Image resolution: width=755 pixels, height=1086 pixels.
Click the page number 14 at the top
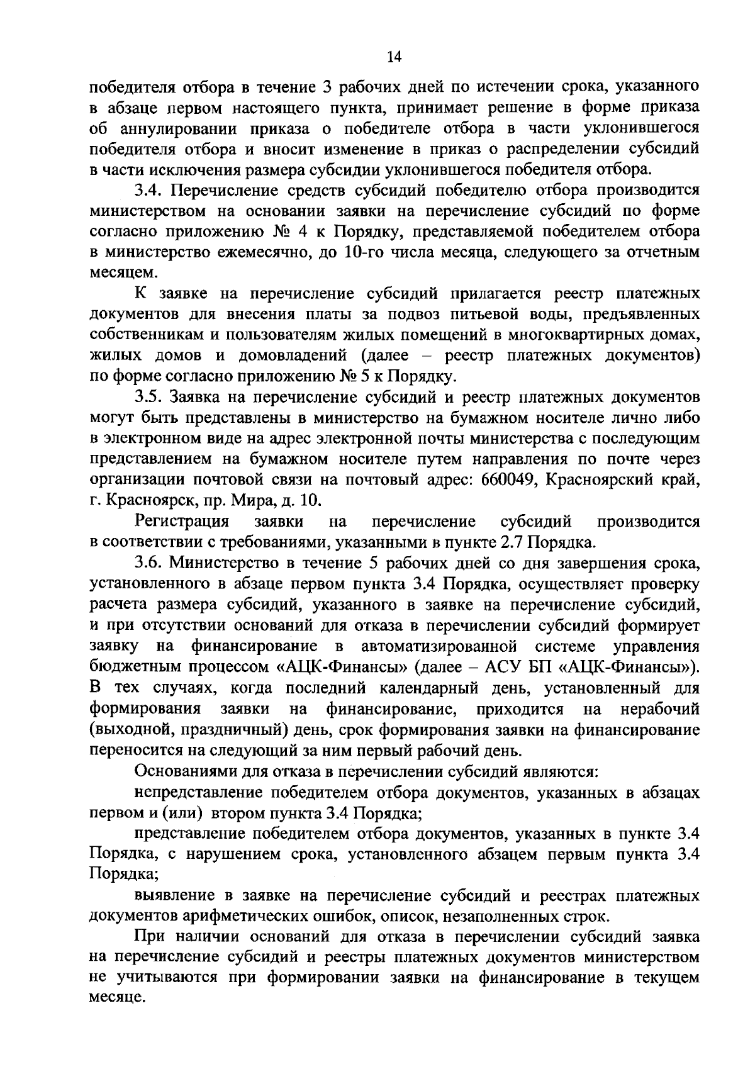tap(394, 57)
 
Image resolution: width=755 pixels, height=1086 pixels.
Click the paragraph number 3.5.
tap(147, 397)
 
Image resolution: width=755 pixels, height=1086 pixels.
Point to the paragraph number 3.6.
tap(147, 562)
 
